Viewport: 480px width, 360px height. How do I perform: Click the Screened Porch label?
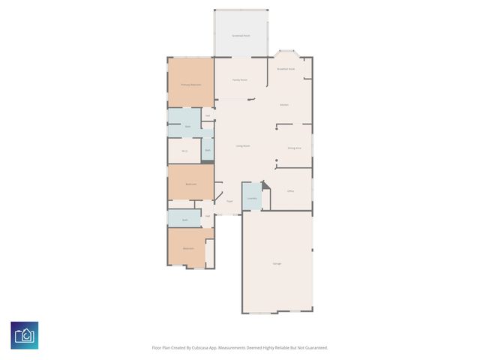point(240,35)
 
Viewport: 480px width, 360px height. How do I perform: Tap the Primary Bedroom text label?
point(190,85)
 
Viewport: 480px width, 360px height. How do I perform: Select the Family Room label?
point(239,79)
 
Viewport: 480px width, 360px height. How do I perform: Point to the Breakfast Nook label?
point(286,69)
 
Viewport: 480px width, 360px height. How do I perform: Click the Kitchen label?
point(284,104)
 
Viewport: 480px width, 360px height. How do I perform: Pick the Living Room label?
point(243,145)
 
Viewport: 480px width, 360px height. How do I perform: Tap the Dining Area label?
point(294,148)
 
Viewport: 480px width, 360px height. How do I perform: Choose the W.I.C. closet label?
point(184,151)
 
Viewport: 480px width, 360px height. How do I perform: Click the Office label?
point(290,191)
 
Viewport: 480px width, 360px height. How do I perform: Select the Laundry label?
point(252,199)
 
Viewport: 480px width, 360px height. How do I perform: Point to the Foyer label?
point(229,201)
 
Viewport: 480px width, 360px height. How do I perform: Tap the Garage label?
point(277,263)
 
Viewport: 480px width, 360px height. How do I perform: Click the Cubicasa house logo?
point(25,334)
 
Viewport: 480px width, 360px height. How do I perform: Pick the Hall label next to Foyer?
point(208,215)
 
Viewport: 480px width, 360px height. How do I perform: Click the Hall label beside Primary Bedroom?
point(207,115)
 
